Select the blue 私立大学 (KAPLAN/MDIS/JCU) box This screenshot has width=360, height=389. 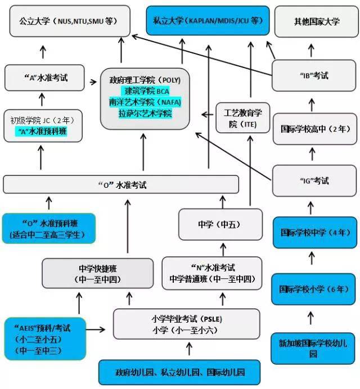click(207, 21)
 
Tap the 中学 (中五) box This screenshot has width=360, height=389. click(219, 224)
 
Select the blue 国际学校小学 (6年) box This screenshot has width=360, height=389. click(313, 289)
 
